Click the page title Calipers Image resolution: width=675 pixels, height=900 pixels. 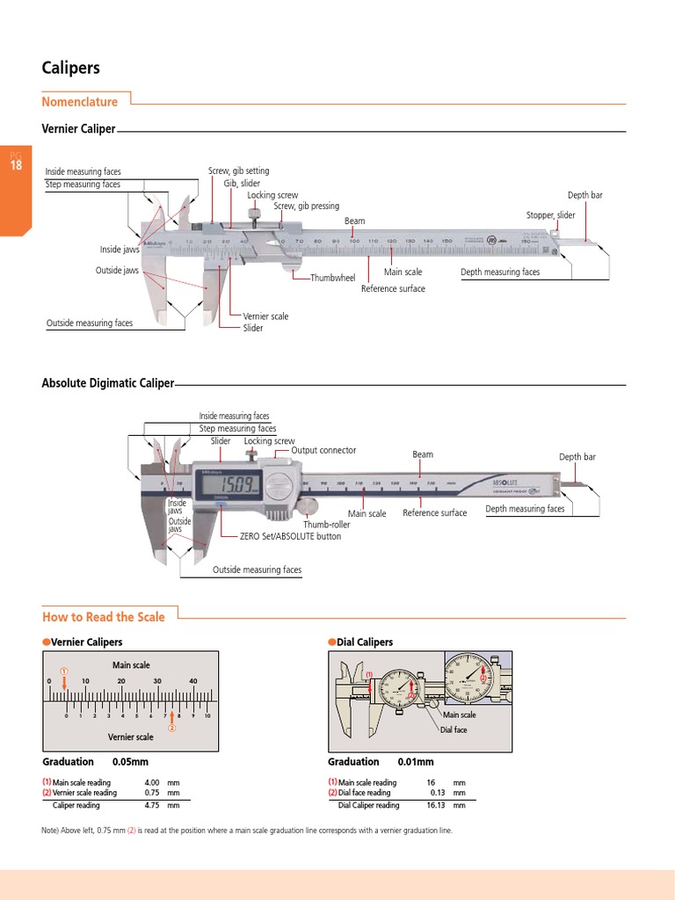click(71, 68)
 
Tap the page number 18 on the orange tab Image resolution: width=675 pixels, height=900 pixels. click(16, 165)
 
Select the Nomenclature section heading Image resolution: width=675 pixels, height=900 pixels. click(80, 102)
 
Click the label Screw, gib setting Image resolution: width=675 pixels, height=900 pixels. click(238, 171)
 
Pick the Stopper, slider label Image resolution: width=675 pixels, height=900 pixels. click(550, 215)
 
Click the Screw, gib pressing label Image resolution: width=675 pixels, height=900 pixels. click(306, 207)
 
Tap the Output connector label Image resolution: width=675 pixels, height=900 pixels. click(323, 450)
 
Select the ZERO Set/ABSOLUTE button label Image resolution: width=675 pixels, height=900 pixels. click(290, 535)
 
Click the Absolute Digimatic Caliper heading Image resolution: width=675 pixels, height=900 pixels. click(108, 383)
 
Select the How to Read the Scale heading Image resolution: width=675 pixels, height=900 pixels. click(104, 617)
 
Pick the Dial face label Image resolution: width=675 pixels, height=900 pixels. click(454, 730)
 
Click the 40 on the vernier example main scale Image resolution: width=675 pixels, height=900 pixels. click(192, 681)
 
